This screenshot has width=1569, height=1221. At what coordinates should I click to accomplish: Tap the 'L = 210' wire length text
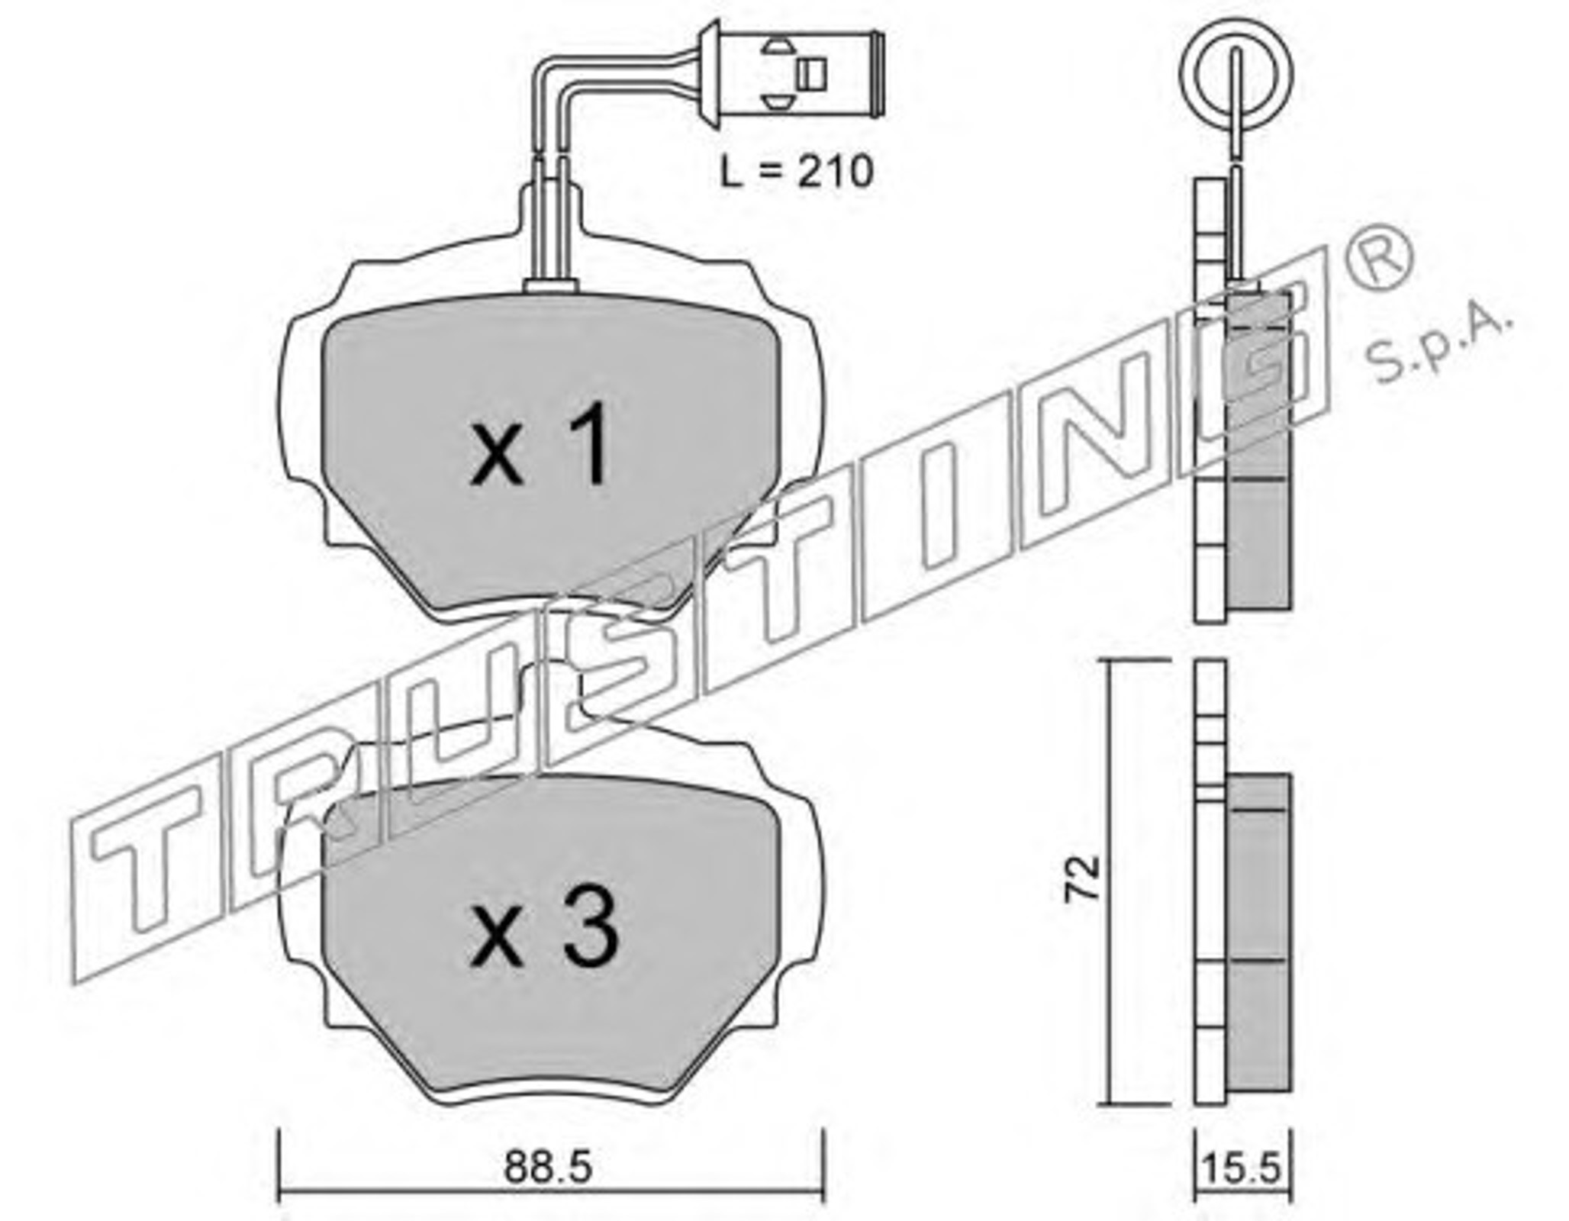coord(797,172)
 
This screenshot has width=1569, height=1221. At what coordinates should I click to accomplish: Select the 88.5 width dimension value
coord(548,1168)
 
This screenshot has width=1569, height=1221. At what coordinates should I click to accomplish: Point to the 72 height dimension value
coord(1084,878)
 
